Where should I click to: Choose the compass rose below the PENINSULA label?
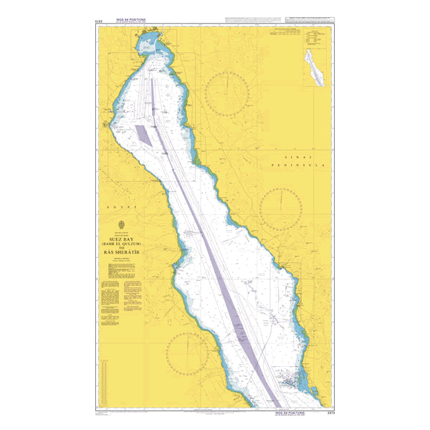(x=282, y=209)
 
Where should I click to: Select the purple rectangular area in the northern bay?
(x=144, y=135)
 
